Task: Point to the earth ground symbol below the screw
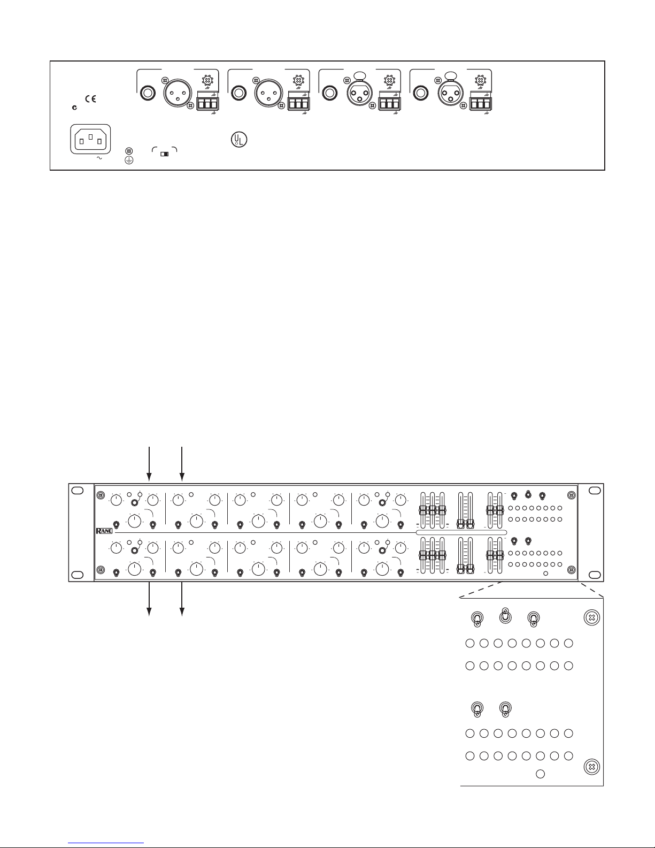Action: (x=128, y=159)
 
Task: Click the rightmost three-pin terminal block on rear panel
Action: (x=480, y=102)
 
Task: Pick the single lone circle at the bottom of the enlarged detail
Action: (x=541, y=774)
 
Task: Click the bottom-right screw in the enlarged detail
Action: (x=591, y=767)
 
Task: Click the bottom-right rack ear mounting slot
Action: (x=595, y=574)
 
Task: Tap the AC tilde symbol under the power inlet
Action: (x=98, y=158)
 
